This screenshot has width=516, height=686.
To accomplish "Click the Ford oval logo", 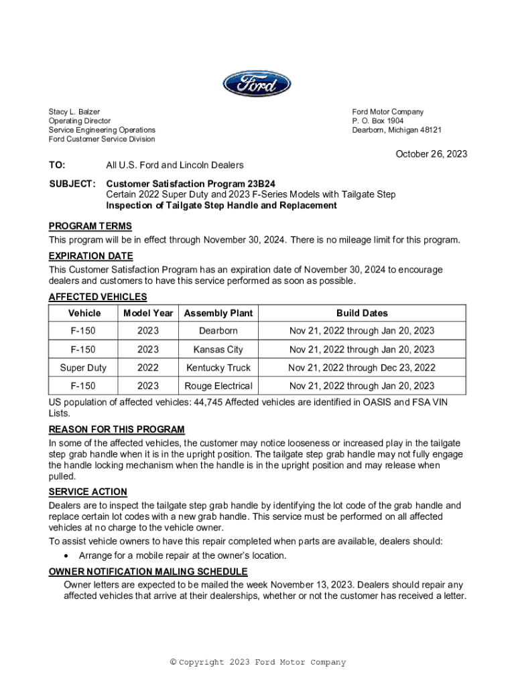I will point(257,84).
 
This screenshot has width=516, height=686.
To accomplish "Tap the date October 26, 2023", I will point(431,154).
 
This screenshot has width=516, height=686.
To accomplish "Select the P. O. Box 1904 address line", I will point(378,121).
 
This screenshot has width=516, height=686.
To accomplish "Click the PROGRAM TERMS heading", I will point(90,226).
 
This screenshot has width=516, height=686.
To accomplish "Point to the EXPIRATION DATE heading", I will point(90,256).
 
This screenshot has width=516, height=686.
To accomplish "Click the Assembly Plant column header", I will point(218,313).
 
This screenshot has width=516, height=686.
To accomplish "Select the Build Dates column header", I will point(362,313).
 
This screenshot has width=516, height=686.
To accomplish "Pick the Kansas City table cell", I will point(218,349).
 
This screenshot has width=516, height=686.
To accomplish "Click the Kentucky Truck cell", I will point(218,367).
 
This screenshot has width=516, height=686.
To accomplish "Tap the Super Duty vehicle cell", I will point(83,367).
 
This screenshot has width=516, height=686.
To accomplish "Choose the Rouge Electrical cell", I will point(218,386).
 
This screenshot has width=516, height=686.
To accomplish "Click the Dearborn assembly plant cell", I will point(218,331).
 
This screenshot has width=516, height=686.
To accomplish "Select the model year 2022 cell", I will point(148,367).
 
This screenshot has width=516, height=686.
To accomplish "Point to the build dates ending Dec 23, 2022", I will point(362,367).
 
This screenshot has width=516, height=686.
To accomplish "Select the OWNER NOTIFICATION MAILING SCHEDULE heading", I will point(148,571).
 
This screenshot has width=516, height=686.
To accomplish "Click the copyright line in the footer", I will point(258,663).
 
